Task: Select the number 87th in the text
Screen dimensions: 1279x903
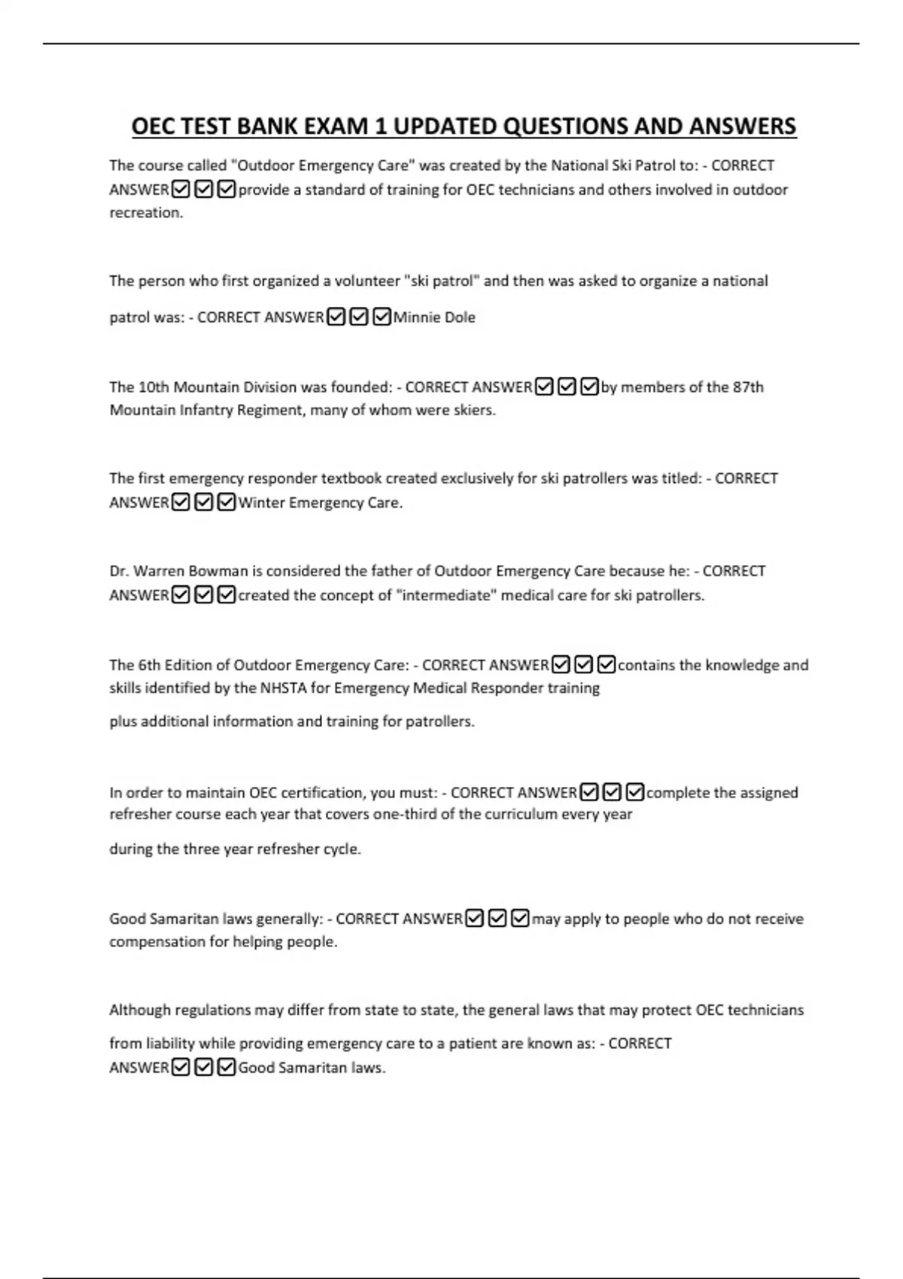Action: point(748,387)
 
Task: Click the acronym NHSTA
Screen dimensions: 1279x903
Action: point(283,688)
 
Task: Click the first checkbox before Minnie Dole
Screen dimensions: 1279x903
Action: point(336,317)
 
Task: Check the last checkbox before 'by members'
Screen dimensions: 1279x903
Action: point(590,387)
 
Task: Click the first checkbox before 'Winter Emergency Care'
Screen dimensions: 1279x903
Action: point(181,503)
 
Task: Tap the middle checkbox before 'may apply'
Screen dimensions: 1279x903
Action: point(497,919)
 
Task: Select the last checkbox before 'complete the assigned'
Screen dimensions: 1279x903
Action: point(635,792)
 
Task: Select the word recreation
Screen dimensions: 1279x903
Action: point(146,213)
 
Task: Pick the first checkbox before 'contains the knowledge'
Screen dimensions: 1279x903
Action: point(560,665)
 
